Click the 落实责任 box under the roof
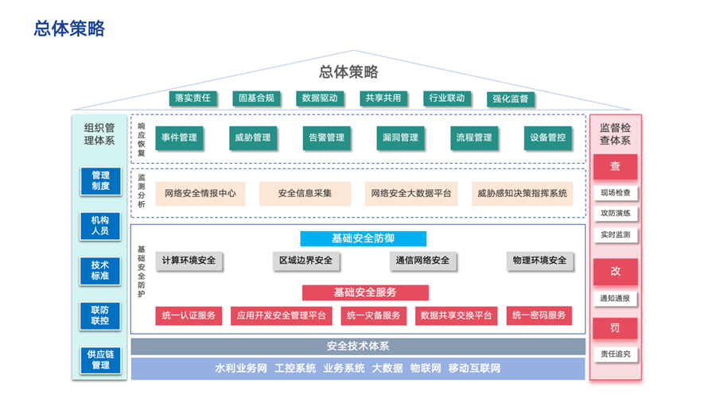coord(193,99)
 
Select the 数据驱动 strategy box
coord(320,99)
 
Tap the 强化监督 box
coord(510,99)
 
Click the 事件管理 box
coord(179,137)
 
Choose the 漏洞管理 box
coord(399,137)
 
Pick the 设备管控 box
coord(548,137)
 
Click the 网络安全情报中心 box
coord(200,193)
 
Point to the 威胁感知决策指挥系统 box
coord(522,193)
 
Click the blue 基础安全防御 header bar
coord(363,238)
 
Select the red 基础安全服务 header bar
coord(365,292)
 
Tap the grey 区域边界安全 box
coord(305,261)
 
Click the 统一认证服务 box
coord(189,315)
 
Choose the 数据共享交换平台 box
coord(456,315)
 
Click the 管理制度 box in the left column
coord(100,181)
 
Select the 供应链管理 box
coord(100,360)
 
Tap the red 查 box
coord(615,167)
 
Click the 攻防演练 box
coord(615,214)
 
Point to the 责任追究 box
coord(615,354)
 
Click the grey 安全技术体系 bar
coord(358,346)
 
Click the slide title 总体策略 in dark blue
coord(70,29)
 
